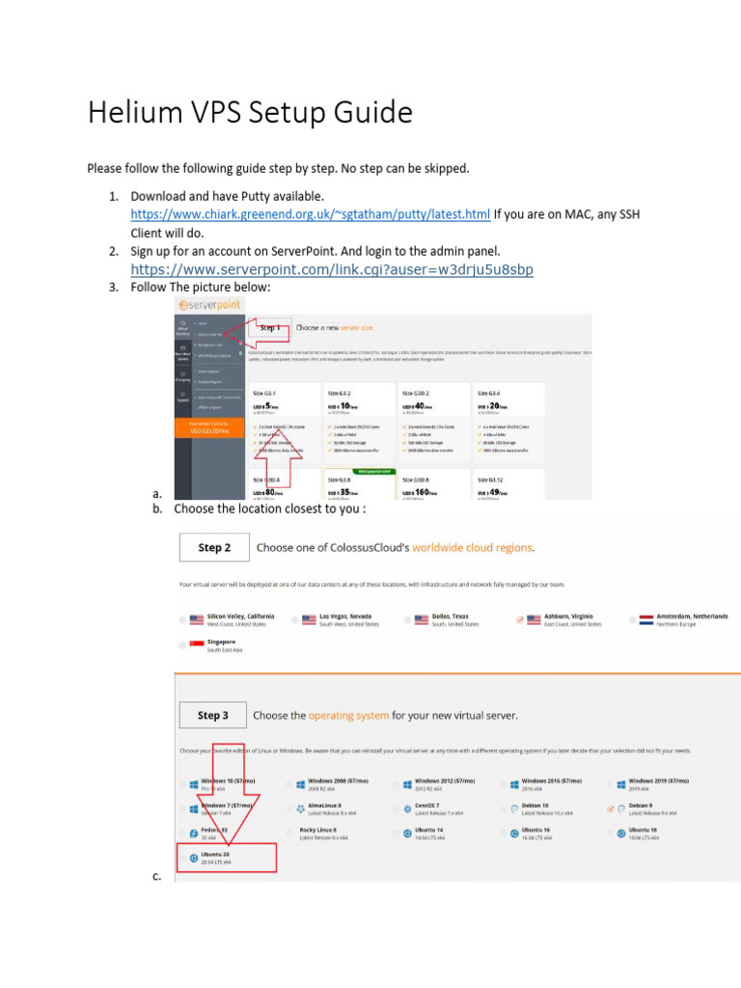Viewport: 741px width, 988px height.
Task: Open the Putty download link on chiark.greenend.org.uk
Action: [x=310, y=214]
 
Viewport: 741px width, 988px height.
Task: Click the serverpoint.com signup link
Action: [x=331, y=269]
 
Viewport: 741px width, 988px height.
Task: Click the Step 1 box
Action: [x=269, y=328]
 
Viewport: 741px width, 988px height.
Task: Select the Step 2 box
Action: [x=213, y=548]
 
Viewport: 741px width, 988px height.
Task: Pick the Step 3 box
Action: [x=213, y=716]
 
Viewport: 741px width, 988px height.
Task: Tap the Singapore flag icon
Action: [x=197, y=645]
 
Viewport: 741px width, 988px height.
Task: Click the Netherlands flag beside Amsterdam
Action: [x=646, y=619]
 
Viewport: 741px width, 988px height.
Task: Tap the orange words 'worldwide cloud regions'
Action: [x=472, y=548]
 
